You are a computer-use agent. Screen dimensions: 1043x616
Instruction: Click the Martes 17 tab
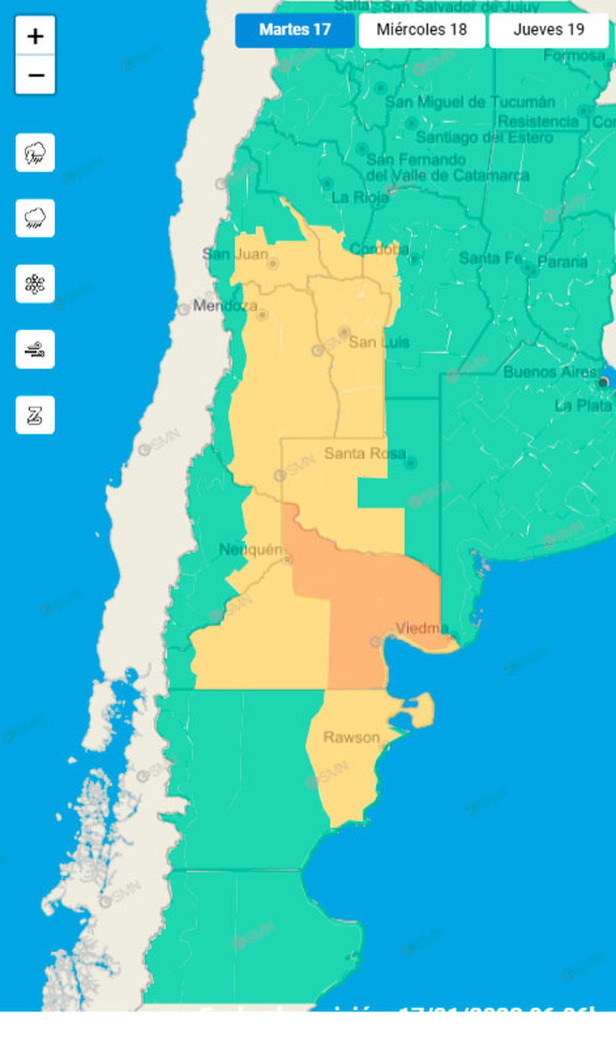[295, 30]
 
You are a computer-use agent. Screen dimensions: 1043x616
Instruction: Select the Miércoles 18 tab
[421, 30]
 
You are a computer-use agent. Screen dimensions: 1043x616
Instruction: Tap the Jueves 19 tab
[548, 30]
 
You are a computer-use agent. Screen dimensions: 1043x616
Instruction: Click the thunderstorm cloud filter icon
[35, 152]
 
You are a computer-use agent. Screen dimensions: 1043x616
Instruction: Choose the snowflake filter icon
[35, 284]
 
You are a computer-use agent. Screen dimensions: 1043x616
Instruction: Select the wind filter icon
[35, 349]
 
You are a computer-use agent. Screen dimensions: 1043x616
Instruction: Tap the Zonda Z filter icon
[35, 415]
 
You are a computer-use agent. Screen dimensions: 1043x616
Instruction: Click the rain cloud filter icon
[35, 218]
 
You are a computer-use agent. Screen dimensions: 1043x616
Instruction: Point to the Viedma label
[422, 628]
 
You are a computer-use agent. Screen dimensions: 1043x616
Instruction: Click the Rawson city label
[352, 737]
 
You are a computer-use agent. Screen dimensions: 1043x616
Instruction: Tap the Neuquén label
[251, 549]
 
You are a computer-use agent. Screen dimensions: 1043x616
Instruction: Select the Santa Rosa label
[365, 453]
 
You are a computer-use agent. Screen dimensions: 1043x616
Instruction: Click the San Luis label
[379, 342]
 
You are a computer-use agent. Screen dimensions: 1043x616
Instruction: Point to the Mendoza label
[225, 306]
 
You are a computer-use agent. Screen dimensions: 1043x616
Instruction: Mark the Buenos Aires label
[550, 372]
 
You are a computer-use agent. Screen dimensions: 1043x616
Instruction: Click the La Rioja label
[360, 197]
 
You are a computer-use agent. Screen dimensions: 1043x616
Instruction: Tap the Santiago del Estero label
[484, 137]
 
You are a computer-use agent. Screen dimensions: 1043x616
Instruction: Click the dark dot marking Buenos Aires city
[603, 382]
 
